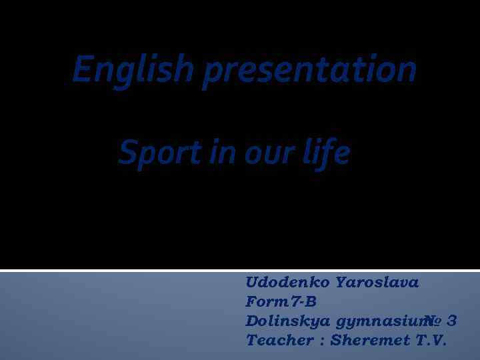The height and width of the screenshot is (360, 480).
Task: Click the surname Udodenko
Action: pos(288,282)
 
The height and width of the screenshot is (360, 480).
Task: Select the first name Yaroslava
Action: pos(378,282)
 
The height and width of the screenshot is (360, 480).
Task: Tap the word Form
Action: pos(265,301)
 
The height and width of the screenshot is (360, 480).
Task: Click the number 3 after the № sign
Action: pos(452,321)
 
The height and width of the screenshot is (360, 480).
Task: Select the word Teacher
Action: pos(279,340)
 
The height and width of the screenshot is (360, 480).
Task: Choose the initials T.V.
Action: pos(431,340)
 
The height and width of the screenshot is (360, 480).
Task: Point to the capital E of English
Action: pos(82,69)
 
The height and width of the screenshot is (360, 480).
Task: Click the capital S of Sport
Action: pos(127,153)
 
